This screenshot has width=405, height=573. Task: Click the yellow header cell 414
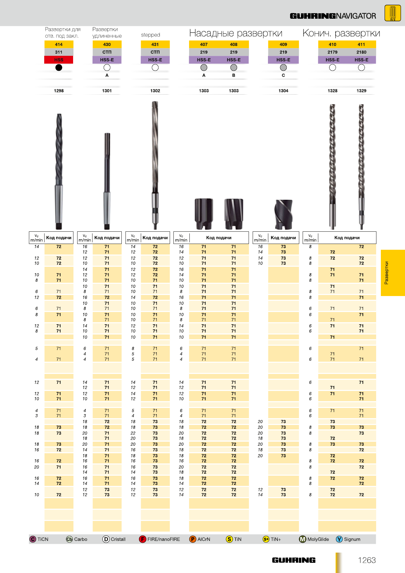click(x=59, y=44)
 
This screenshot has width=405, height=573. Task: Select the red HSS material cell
click(x=59, y=60)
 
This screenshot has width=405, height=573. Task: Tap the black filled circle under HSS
click(x=59, y=67)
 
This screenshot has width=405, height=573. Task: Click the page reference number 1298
click(x=59, y=91)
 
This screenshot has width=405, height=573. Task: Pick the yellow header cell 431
click(x=155, y=44)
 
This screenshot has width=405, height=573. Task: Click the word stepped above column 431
click(x=151, y=35)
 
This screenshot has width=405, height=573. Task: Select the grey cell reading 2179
click(x=332, y=52)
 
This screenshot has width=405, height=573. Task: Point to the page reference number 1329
click(x=361, y=91)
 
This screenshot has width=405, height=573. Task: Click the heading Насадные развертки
click(x=236, y=33)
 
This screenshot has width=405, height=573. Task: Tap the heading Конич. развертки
click(x=341, y=33)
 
